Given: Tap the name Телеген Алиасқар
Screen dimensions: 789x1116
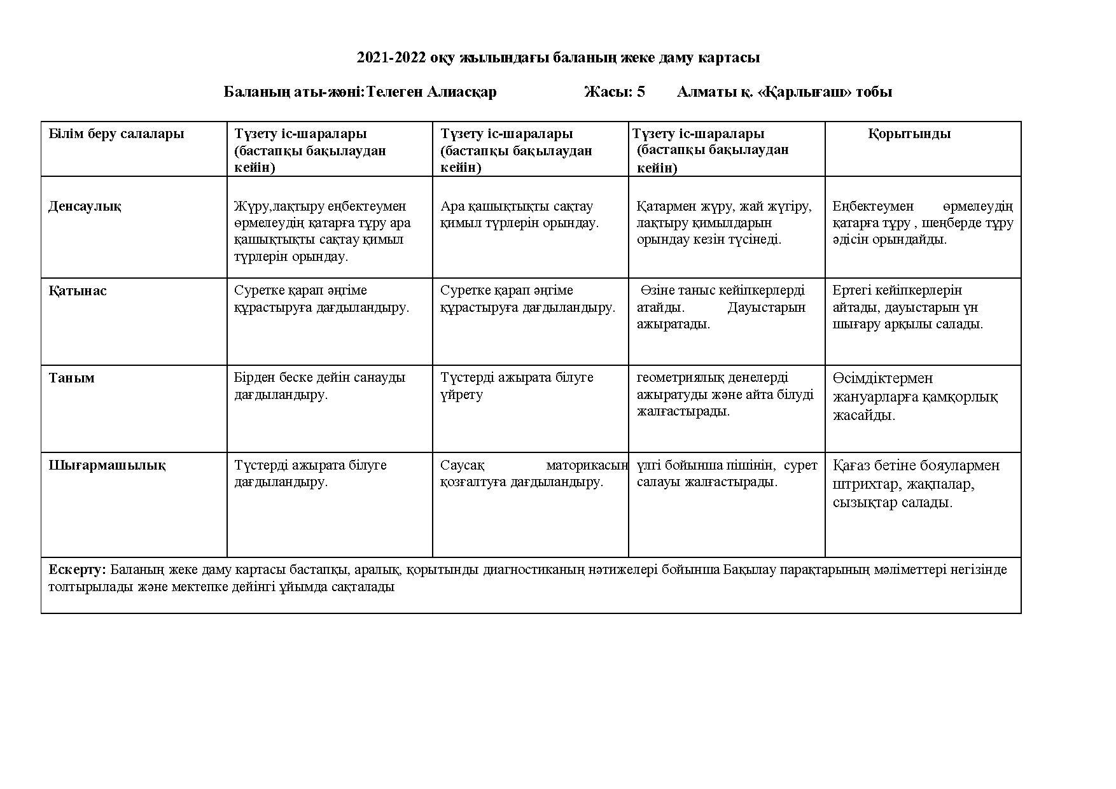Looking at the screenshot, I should point(431,92).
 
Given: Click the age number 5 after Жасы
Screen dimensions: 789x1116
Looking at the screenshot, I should point(640,92).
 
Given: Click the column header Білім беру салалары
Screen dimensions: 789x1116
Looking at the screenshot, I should point(116,134).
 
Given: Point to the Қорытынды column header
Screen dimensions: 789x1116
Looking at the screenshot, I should point(909,134).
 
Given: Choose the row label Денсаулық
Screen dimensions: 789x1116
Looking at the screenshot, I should point(85,206).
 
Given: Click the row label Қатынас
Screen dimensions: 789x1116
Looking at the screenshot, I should point(78,291).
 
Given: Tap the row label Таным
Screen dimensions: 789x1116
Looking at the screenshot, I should point(71,378).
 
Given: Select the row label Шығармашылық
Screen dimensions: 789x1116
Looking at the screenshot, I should point(107,465).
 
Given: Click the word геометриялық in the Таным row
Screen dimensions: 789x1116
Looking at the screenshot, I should point(676,377).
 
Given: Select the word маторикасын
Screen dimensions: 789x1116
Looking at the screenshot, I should point(587,465).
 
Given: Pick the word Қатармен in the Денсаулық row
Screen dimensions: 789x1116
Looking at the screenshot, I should point(664,206).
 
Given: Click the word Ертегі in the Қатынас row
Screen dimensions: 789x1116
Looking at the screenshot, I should point(851,290).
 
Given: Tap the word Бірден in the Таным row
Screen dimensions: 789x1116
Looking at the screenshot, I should point(255,377).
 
